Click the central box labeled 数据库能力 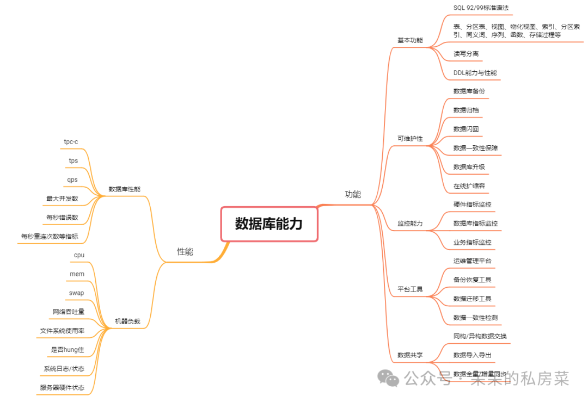pos(268,224)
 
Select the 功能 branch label pos(353,194)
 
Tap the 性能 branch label pos(185,252)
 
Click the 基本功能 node pos(410,40)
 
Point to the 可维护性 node pos(410,139)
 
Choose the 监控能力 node pos(410,224)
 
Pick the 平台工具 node pos(410,289)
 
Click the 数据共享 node pos(410,355)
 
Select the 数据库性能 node pos(124,189)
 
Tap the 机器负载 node pos(127,321)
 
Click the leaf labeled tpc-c pos(71,142)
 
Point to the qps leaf pos(73,180)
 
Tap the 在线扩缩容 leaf pos(469,185)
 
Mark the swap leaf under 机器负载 pos(76,293)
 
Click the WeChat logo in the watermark pos(389,378)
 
